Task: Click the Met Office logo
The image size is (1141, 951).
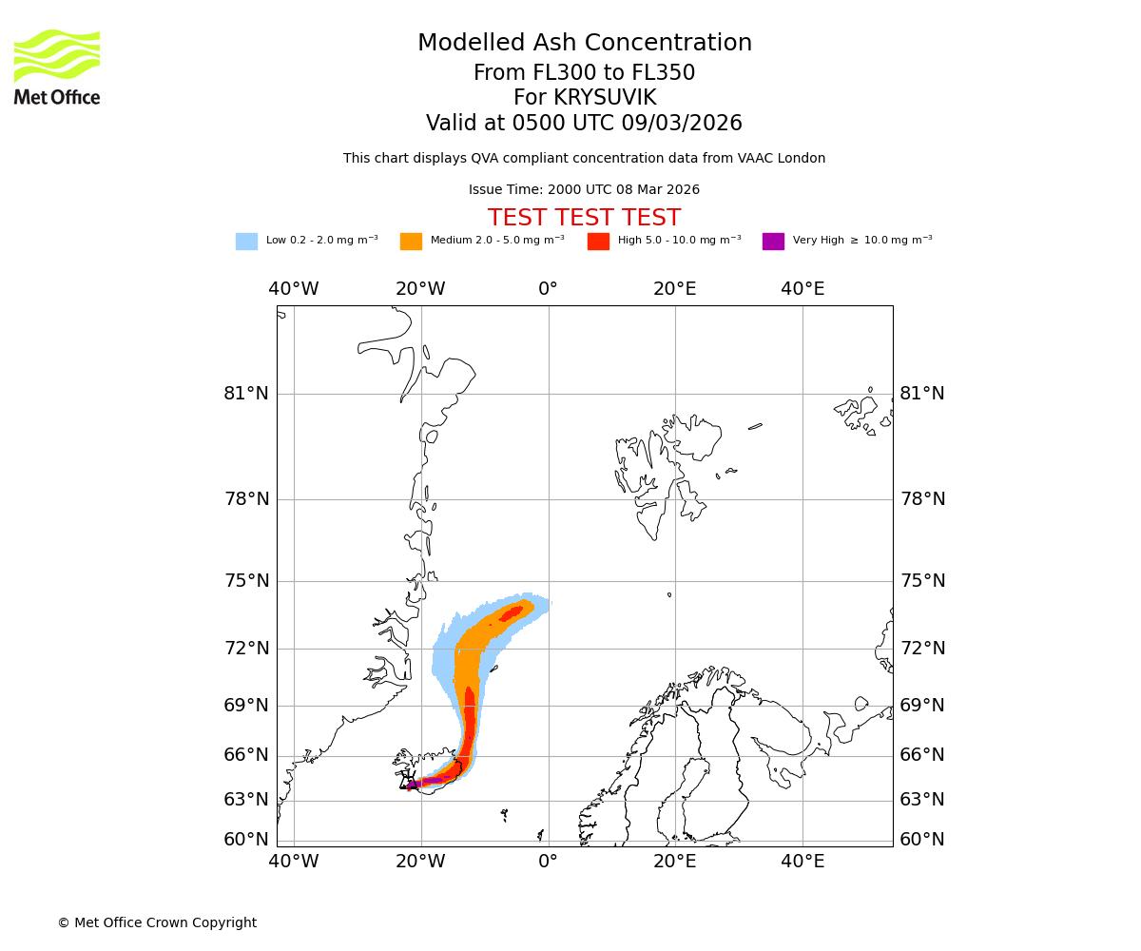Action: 57,67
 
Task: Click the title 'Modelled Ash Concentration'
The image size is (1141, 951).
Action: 584,44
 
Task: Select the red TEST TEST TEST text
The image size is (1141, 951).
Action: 584,218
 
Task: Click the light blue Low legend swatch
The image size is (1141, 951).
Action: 246,242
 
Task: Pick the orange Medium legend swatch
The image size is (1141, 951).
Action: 411,242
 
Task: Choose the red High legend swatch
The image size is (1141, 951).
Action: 598,242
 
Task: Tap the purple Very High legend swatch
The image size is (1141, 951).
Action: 773,242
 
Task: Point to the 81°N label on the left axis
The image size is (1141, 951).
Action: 246,394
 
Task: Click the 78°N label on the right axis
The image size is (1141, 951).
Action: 922,499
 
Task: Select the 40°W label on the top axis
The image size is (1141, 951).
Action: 293,289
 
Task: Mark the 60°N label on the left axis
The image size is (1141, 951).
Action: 246,840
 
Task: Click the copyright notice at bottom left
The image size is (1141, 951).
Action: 157,922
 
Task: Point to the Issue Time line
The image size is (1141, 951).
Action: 584,190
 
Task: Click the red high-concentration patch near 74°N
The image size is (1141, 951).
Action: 512,614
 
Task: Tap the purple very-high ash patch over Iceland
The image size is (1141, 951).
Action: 415,785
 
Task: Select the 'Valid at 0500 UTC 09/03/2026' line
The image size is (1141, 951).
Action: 584,124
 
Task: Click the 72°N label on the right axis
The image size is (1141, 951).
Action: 922,649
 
